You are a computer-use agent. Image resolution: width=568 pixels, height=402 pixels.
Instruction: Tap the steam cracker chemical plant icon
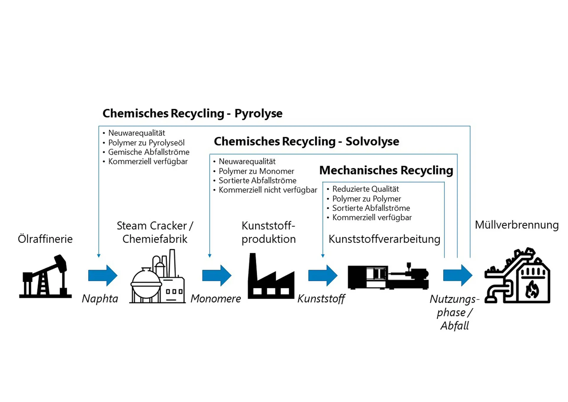157,277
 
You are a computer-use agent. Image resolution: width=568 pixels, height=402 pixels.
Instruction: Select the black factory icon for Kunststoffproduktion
271,277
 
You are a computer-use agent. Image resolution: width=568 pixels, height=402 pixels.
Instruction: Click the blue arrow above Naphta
103,276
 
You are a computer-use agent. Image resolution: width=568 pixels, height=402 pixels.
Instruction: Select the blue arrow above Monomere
217,276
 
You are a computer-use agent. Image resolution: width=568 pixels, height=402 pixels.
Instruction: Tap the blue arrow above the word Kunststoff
323,276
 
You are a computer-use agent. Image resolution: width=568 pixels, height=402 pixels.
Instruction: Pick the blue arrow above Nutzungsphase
458,276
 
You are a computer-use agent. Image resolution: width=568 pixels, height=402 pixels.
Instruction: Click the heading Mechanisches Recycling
386,170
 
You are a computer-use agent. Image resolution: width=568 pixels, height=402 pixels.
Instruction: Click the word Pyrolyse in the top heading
258,113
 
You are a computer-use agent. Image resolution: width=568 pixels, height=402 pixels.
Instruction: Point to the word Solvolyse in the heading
372,142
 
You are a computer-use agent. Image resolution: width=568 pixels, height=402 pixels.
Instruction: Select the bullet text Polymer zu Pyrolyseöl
146,143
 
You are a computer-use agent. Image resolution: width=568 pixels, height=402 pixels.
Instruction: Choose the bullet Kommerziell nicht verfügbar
268,190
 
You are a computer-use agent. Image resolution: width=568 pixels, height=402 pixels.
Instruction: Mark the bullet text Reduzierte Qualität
365,189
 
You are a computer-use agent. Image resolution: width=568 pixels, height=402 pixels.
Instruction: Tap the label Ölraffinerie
45,239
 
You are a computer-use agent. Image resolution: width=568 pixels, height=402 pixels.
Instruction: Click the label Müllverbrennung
517,225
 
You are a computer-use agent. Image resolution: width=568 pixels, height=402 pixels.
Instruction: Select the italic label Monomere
216,299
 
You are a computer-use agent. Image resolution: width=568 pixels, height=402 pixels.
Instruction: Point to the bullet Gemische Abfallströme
149,152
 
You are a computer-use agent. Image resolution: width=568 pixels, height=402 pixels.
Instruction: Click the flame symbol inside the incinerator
532,289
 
